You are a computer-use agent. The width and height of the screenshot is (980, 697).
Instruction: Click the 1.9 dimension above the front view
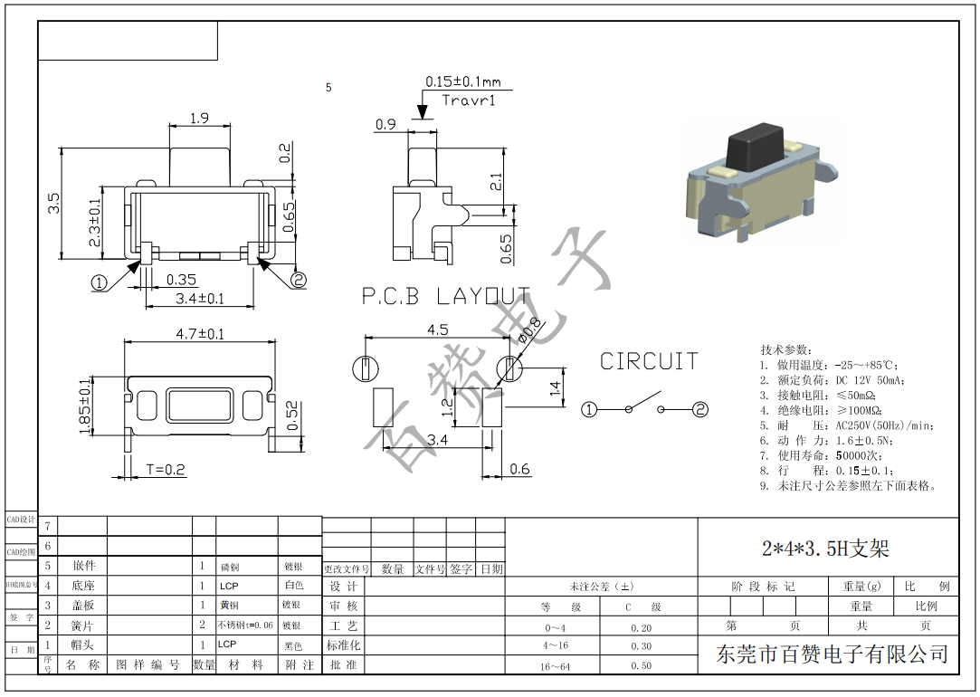pos(199,118)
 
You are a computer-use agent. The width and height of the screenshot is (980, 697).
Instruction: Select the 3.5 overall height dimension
pos(53,203)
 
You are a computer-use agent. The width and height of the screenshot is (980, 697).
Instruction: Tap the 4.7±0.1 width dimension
pos(200,334)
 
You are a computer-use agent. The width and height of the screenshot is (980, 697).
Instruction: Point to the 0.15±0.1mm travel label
pos(462,81)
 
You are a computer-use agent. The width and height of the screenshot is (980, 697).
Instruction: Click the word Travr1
pos(469,100)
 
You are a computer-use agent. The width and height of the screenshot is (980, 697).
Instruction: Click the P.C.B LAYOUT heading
pos(445,296)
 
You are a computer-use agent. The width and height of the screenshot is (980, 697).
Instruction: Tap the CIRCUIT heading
pos(649,361)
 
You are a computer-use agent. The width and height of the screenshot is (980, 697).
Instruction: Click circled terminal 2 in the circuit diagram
pos(699,409)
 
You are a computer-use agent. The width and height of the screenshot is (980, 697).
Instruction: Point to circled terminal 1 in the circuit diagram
pos(589,409)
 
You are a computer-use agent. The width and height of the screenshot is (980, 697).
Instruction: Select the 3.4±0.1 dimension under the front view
pos(199,298)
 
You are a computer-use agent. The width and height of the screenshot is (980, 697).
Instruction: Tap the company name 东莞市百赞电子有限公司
pos(832,654)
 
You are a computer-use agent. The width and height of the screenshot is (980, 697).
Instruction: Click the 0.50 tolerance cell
pos(641,665)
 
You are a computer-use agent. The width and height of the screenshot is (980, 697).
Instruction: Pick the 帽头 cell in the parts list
pos(82,644)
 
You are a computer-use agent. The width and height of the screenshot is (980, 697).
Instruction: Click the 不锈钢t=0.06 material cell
pos(245,625)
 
